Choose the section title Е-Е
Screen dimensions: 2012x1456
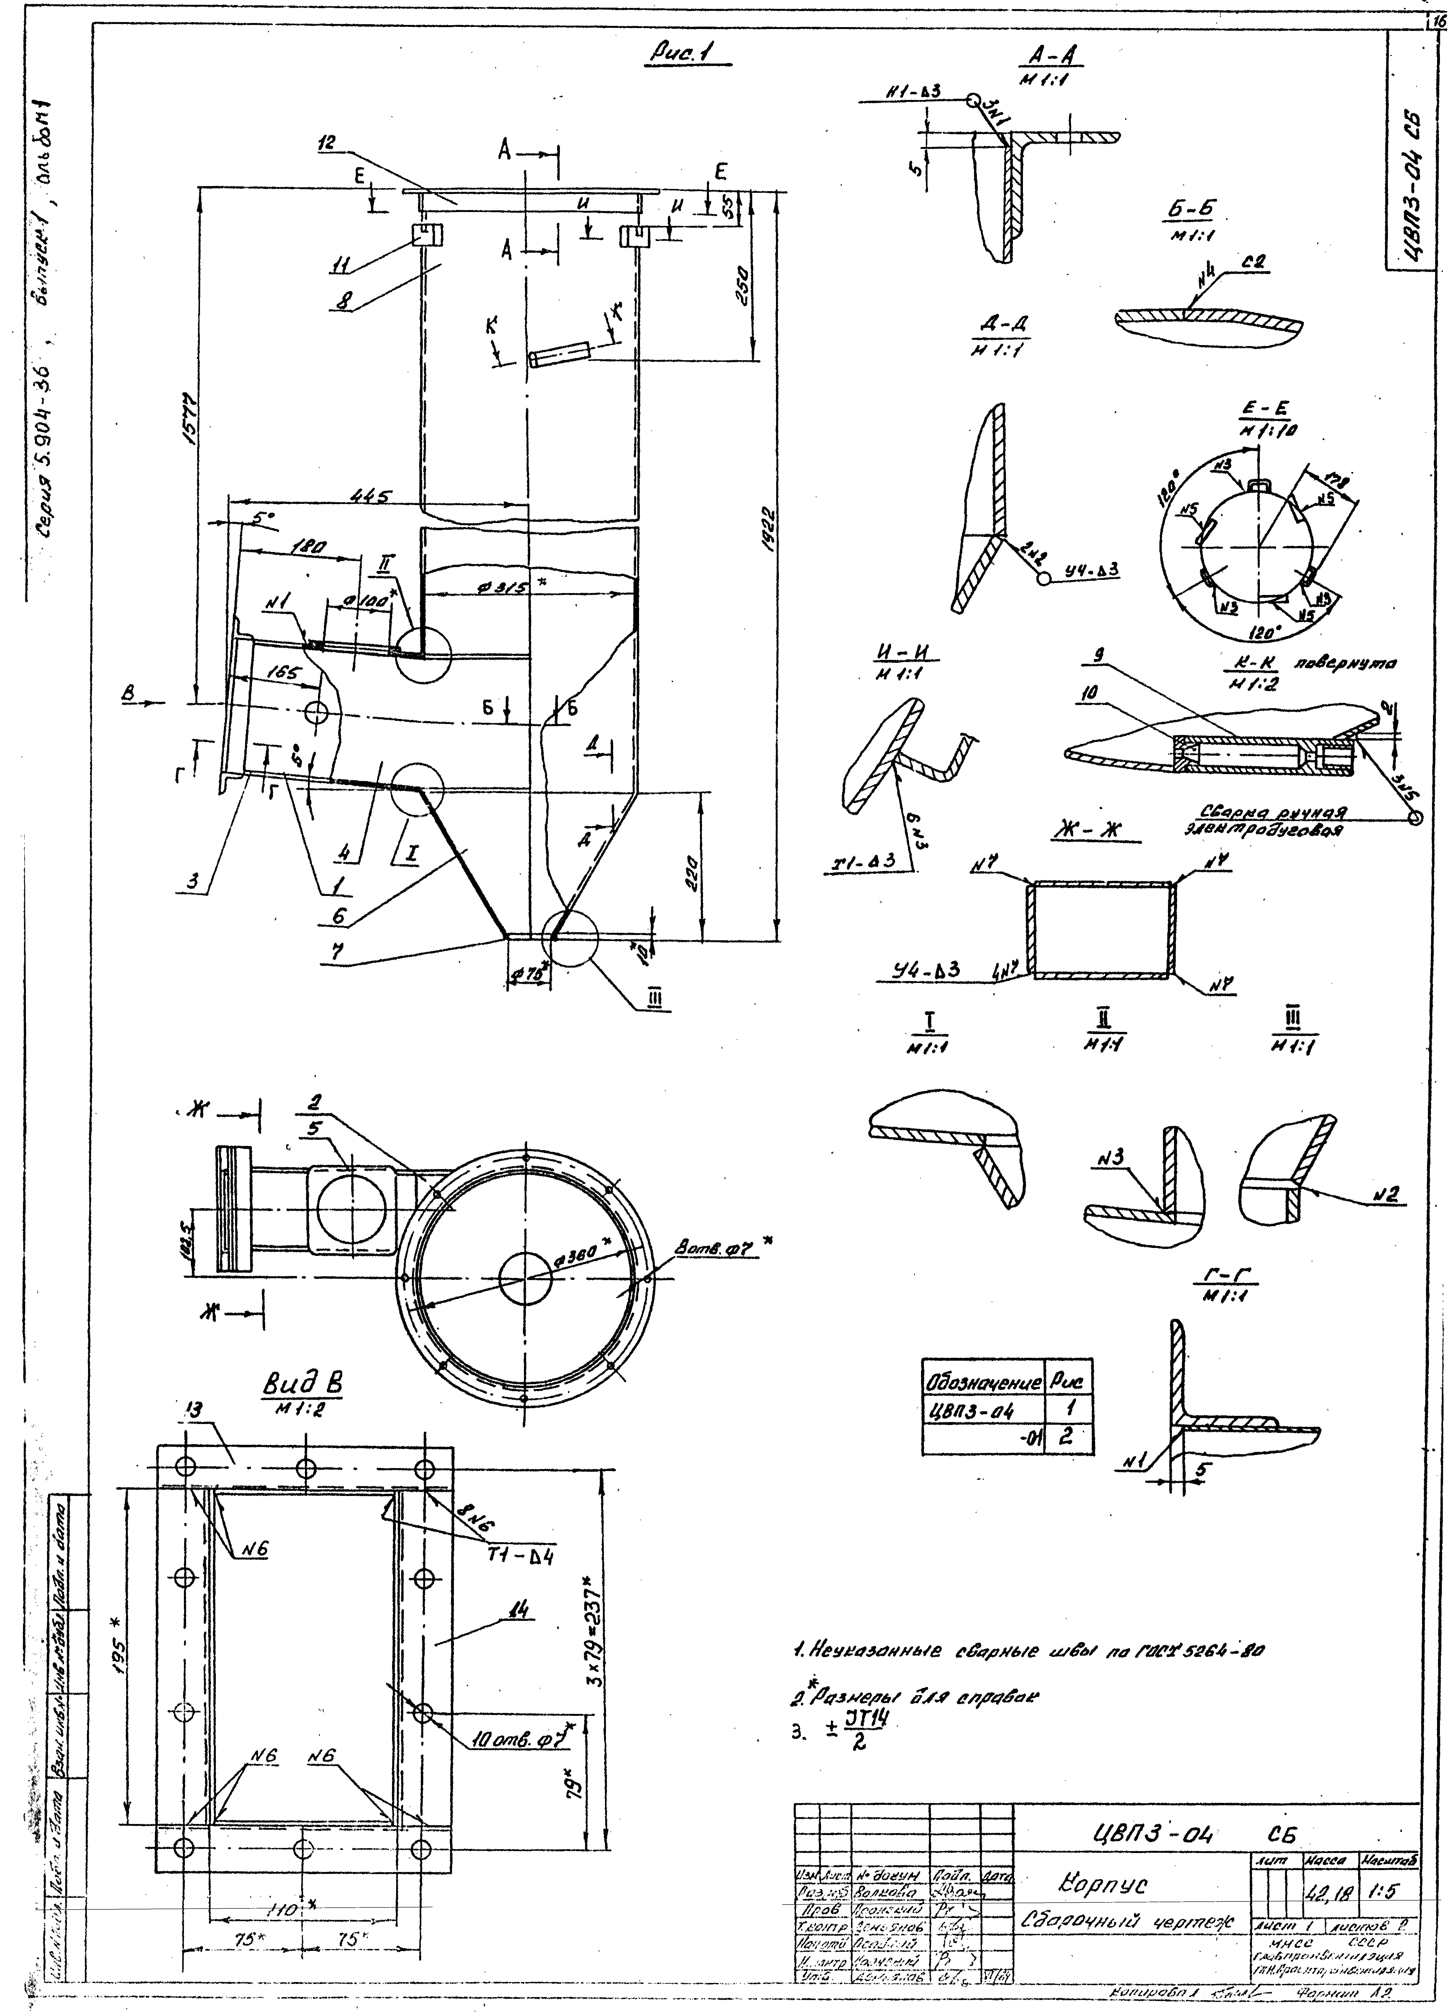pos(1263,411)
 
